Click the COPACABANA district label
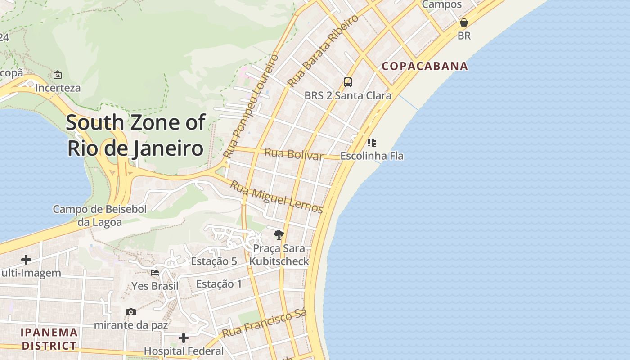coord(425,66)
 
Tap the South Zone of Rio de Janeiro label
coord(135,135)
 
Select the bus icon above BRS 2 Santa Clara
coord(348,82)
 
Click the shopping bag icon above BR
coord(464,22)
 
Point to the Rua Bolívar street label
coord(293,154)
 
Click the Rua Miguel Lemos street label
coord(276,197)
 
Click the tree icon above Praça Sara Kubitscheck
coord(279,234)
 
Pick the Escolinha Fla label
coord(372,156)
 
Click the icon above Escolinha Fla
coord(372,143)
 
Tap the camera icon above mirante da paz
coord(131,312)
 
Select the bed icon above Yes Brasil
coord(155,273)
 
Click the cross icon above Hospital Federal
coord(184,337)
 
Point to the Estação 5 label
coord(214,261)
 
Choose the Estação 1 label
coord(219,284)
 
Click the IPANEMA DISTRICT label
coord(49,339)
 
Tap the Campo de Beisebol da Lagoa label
coord(99,216)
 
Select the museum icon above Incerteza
coord(58,75)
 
